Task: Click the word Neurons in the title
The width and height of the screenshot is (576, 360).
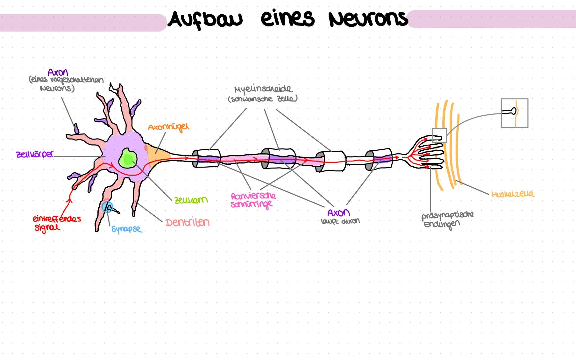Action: click(x=368, y=19)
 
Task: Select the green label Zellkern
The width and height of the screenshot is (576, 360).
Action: click(x=191, y=200)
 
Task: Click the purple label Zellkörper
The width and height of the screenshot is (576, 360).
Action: click(x=35, y=155)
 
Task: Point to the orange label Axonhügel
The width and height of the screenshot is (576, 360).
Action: click(x=168, y=127)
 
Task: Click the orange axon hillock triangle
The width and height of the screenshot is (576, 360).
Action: click(x=157, y=156)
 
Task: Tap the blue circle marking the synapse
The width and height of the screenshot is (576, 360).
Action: click(x=108, y=207)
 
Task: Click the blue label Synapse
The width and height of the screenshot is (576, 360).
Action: click(x=126, y=229)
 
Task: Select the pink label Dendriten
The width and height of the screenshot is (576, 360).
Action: click(x=188, y=222)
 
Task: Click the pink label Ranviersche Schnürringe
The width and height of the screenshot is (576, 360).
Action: click(x=253, y=200)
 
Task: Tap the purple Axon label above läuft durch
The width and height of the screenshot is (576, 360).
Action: click(x=338, y=213)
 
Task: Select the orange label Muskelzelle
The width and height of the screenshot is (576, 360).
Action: click(x=513, y=194)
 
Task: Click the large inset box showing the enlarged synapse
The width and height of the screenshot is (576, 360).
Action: click(x=514, y=113)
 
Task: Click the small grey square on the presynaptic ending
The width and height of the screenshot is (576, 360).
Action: click(x=439, y=135)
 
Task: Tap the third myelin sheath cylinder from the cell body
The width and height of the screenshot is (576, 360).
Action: click(x=331, y=161)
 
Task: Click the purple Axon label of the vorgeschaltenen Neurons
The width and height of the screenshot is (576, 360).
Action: click(x=57, y=72)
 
